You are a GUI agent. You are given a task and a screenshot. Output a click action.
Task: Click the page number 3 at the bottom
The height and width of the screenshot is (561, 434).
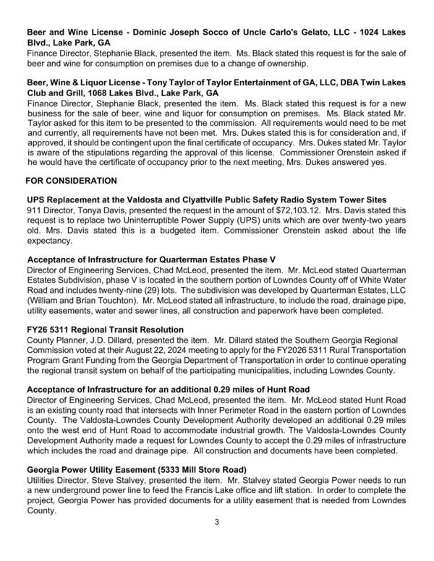(x=217, y=539)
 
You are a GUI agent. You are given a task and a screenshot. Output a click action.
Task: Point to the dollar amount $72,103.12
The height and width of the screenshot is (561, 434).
(x=271, y=210)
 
